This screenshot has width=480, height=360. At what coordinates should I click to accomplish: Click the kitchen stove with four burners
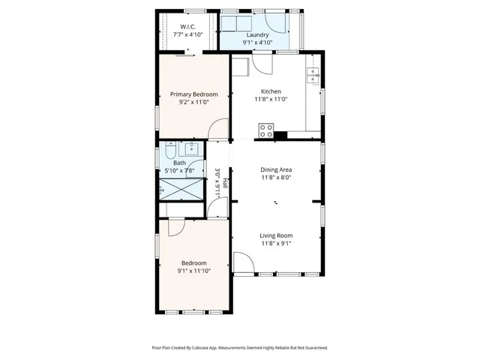tap(265, 130)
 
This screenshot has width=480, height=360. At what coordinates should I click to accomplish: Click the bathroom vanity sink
tap(191, 148)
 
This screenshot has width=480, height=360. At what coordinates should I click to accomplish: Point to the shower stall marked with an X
tap(181, 190)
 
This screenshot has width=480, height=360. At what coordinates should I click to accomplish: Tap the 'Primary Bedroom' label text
tap(193, 94)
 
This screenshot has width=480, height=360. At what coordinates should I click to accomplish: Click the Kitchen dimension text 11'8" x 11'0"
tap(271, 99)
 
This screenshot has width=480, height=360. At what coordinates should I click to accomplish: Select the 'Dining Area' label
tap(276, 169)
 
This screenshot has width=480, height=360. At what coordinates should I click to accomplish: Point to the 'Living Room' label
tap(276, 235)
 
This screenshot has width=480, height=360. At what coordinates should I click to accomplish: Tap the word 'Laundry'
tap(257, 34)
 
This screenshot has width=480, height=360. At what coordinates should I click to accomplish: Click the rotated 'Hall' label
tap(225, 182)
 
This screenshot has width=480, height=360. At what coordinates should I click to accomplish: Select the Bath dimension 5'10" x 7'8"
tap(179, 171)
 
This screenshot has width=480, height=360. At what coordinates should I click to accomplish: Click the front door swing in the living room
tap(243, 263)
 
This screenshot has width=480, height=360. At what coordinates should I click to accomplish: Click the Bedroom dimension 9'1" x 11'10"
tap(193, 271)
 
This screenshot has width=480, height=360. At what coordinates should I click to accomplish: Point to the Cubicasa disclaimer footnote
tap(239, 348)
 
